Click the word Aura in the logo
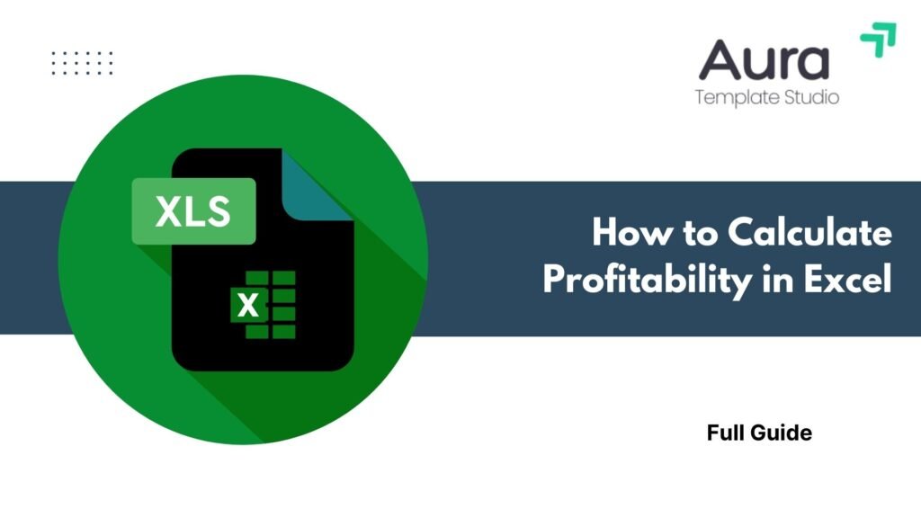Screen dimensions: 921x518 (x=764, y=59)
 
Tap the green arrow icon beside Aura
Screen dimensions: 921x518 (x=879, y=40)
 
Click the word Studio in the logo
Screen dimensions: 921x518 (x=812, y=96)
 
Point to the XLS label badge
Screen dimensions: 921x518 (x=194, y=210)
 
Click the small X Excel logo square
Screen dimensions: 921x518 (x=248, y=304)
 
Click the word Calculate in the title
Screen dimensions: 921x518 (x=810, y=232)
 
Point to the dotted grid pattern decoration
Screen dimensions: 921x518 (x=82, y=63)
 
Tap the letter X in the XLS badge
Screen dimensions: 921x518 (x=168, y=211)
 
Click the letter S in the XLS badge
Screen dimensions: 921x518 (x=219, y=211)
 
